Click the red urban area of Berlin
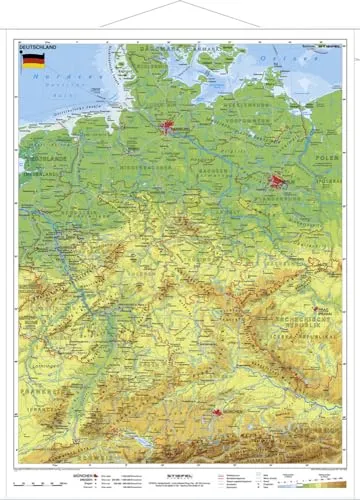click(x=277, y=182)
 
